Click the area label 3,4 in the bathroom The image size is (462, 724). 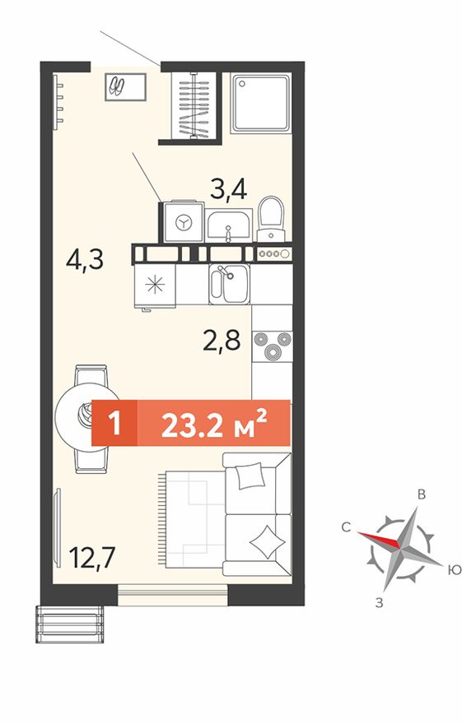228,190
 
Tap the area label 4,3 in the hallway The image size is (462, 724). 85,261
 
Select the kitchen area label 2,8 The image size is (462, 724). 222,341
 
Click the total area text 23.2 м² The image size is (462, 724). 214,423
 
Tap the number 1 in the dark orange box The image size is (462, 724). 114,423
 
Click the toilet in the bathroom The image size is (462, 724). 271,218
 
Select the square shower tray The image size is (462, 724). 261,104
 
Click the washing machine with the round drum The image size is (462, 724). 184,221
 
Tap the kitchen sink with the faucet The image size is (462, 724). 229,284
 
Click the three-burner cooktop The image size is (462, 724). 272,346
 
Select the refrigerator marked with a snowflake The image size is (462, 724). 155,285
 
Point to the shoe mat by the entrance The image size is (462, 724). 125,87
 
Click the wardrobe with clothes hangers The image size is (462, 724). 194,105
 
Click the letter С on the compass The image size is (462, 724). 346,527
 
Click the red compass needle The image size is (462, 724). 379,540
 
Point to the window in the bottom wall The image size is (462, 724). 173,594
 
